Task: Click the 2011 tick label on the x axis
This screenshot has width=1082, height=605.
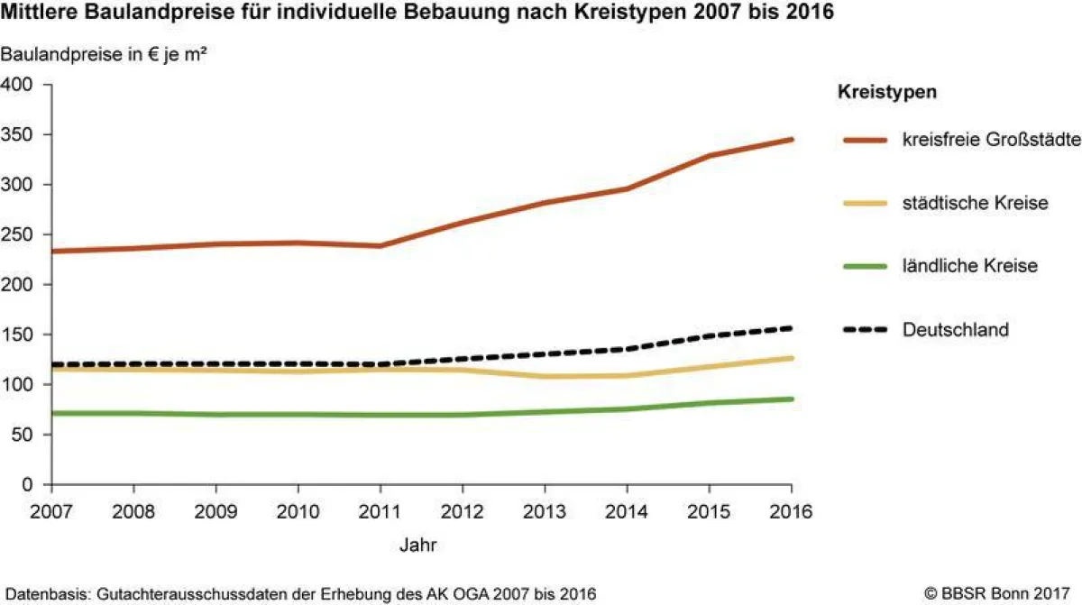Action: (381, 511)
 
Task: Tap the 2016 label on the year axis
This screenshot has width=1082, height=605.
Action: (792, 511)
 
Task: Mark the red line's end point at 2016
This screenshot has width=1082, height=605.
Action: (792, 140)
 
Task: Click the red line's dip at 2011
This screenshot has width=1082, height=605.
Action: (381, 245)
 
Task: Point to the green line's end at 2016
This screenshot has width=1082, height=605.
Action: (792, 399)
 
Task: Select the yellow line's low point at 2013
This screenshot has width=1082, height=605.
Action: (546, 376)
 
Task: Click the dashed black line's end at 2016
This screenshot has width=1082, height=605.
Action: (792, 328)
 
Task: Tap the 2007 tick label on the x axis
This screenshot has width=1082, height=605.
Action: (52, 511)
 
